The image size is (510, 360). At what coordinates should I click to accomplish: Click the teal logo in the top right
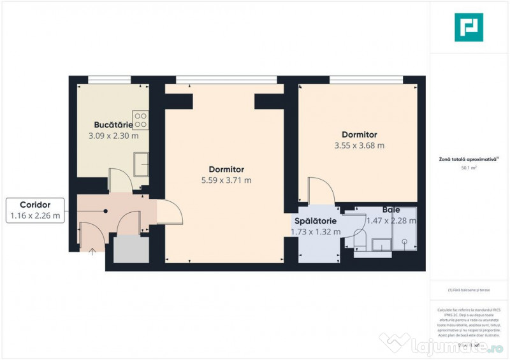click(469, 27)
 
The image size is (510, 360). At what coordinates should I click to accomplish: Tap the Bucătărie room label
click(113, 125)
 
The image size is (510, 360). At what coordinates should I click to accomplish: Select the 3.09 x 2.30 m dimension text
click(113, 136)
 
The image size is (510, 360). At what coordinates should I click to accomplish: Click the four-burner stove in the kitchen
click(141, 120)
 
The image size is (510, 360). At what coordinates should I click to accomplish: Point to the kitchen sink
click(142, 164)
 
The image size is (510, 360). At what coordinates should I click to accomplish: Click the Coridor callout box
click(35, 210)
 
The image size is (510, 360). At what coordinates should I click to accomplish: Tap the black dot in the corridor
click(106, 211)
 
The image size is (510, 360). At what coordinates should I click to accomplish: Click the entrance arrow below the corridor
click(92, 251)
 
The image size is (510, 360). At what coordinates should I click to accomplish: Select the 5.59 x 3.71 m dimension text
click(226, 180)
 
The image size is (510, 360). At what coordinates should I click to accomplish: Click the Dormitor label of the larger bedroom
click(226, 169)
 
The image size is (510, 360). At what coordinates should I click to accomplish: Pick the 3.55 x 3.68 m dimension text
click(359, 145)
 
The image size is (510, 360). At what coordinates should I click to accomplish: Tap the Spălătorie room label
click(315, 220)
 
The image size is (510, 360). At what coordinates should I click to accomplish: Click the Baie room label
click(391, 210)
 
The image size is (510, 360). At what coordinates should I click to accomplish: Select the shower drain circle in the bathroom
click(404, 241)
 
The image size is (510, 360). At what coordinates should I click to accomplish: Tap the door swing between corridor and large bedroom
click(167, 211)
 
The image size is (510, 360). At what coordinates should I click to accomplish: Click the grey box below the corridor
click(131, 248)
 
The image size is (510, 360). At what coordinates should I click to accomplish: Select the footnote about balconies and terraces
click(469, 290)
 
